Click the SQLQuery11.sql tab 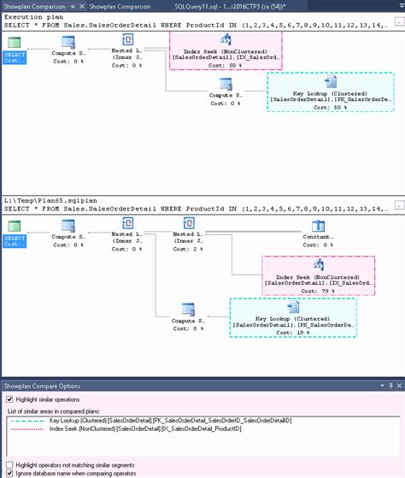213,7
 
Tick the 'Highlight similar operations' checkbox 9,399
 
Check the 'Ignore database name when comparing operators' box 9,470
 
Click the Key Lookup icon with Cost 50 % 330,83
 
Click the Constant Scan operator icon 319,227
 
